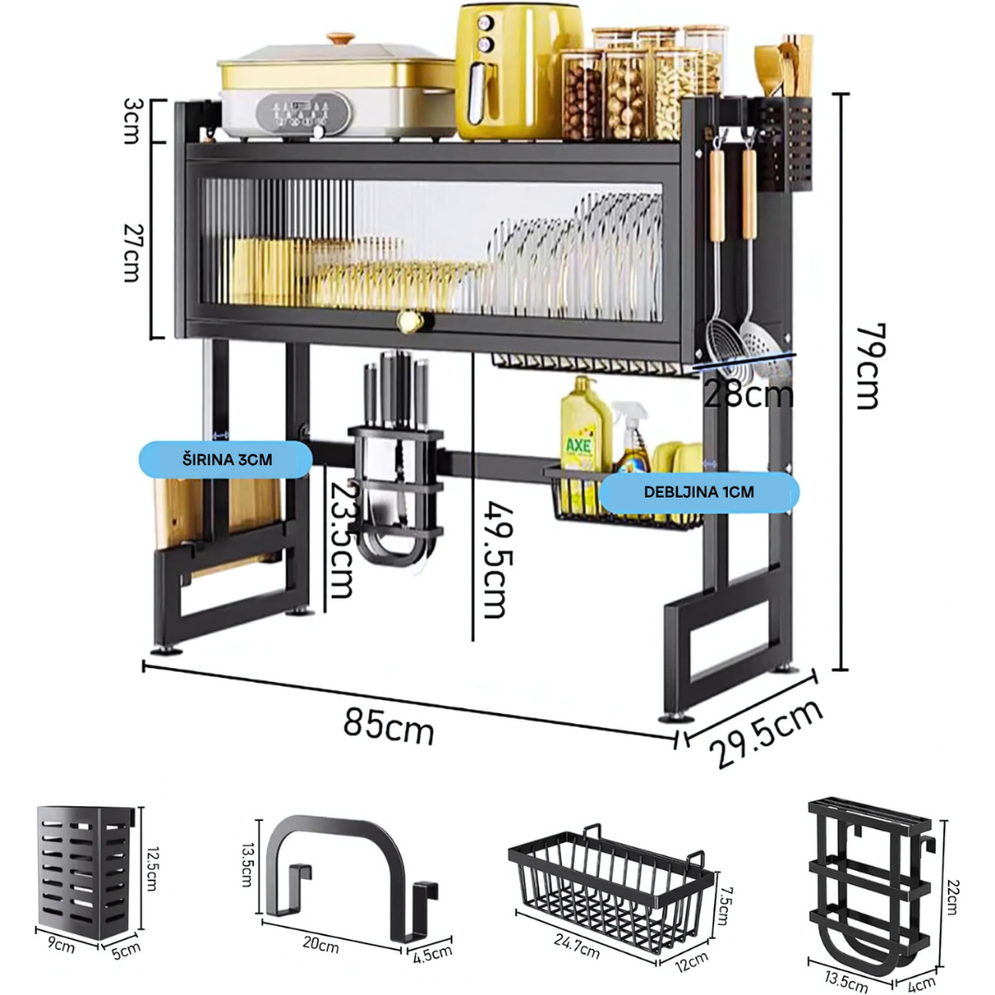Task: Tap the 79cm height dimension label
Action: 871,367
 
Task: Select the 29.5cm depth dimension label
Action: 766,733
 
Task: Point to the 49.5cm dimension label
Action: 497,560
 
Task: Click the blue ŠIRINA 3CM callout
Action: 226,460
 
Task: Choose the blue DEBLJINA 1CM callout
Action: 698,492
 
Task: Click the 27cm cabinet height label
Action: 133,252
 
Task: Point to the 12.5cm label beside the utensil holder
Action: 152,868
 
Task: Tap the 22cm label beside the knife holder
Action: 953,896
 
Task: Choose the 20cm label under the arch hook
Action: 321,944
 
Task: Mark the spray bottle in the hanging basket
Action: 630,438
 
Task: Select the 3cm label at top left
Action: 133,121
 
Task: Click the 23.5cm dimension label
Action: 342,539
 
